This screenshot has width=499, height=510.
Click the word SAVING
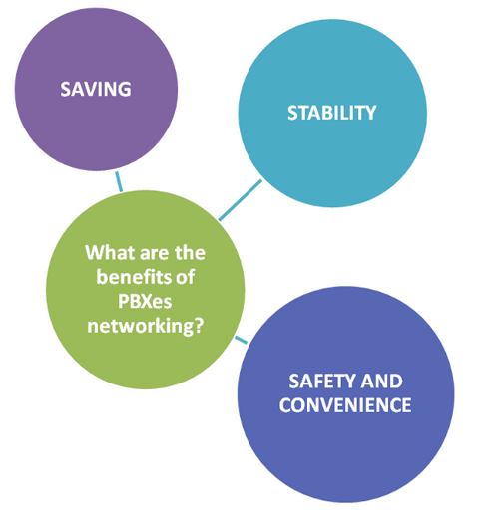pyautogui.click(x=96, y=89)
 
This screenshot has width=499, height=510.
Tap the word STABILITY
pyautogui.click(x=332, y=113)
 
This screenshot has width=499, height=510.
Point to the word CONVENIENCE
pyautogui.click(x=345, y=405)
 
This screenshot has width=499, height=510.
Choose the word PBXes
pyautogui.click(x=145, y=301)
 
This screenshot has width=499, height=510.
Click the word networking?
pyautogui.click(x=146, y=326)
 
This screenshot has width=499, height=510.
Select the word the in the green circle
pyautogui.click(x=191, y=252)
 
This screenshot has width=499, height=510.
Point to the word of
pyautogui.click(x=185, y=277)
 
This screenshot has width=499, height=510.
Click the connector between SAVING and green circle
pyautogui.click(x=119, y=181)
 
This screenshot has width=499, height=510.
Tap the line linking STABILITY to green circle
pyautogui.click(x=241, y=200)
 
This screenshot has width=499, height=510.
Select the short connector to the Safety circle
pyautogui.click(x=242, y=340)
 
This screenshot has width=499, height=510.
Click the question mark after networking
pyautogui.click(x=199, y=326)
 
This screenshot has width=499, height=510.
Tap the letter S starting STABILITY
pyautogui.click(x=292, y=113)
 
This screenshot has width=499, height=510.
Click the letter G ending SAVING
pyautogui.click(x=125, y=89)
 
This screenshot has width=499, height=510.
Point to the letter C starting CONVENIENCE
pyautogui.click(x=285, y=405)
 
